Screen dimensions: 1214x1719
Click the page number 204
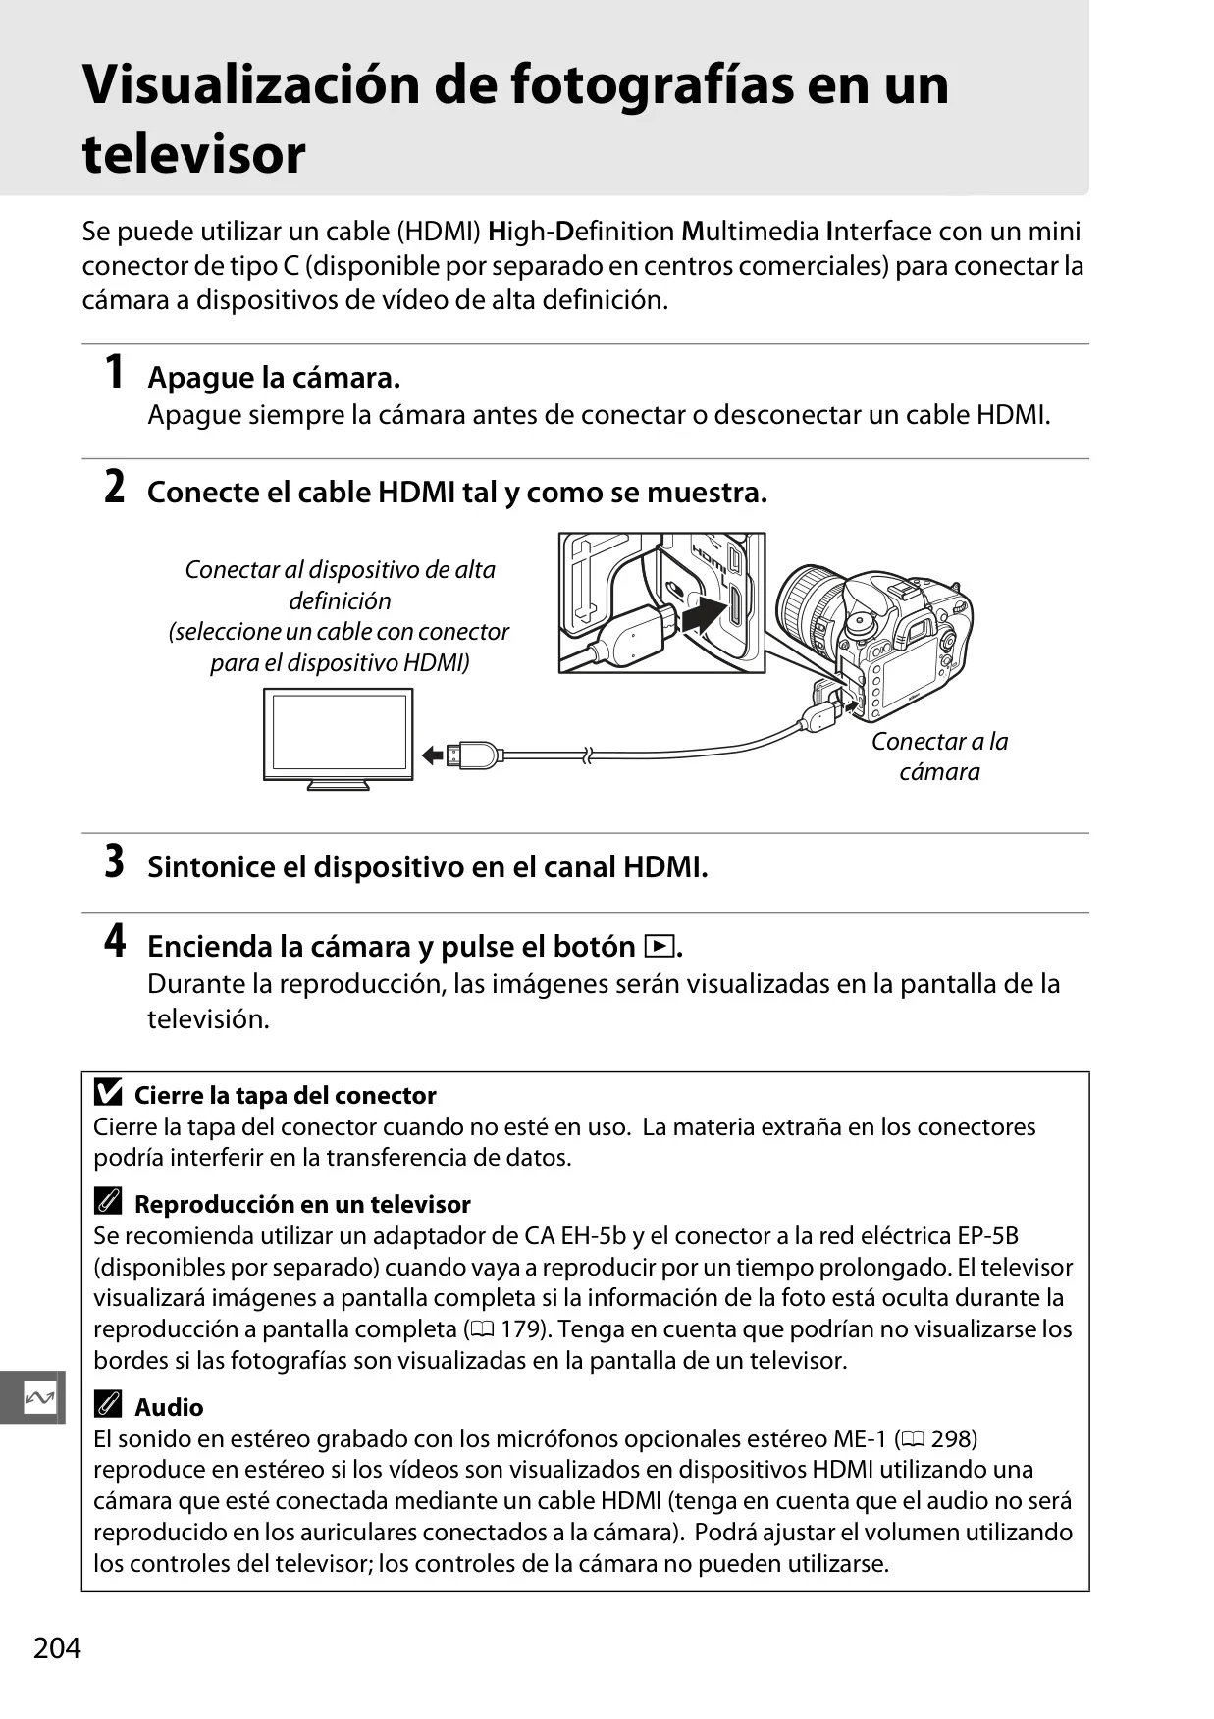[x=57, y=1647]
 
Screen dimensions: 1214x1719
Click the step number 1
[x=115, y=373]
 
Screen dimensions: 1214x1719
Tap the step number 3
[x=115, y=861]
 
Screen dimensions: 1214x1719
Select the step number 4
[x=115, y=941]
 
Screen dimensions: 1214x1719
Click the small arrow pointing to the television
[x=433, y=755]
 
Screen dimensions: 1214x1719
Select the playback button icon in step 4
[x=659, y=947]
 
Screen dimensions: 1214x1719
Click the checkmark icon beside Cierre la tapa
[x=108, y=1092]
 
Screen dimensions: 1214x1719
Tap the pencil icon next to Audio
[x=108, y=1405]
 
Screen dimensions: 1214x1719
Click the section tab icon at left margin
[x=39, y=1397]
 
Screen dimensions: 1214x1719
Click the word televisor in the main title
[x=194, y=154]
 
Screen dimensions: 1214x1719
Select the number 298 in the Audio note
[x=954, y=1439]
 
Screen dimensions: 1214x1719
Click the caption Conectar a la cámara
[x=940, y=756]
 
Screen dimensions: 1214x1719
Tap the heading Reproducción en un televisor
[x=302, y=1204]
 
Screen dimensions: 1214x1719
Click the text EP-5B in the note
[x=988, y=1236]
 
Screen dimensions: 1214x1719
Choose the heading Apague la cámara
[x=274, y=378]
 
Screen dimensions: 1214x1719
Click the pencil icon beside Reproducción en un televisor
[x=108, y=1202]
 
